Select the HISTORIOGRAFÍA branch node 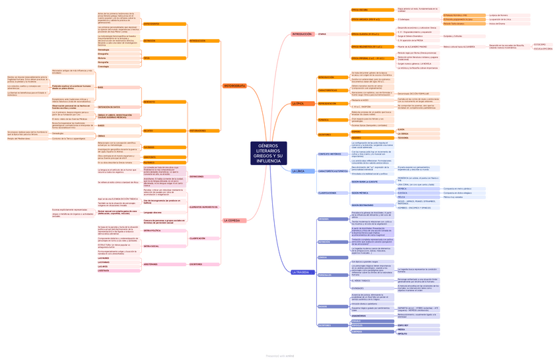[234, 86]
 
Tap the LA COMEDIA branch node [233, 221]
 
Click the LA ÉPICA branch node [298, 104]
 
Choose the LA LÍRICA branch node [298, 171]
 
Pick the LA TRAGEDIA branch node [300, 272]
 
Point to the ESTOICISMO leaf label [539, 44]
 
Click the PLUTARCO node [149, 162]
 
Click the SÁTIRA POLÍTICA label [152, 231]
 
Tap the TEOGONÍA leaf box [403, 137]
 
